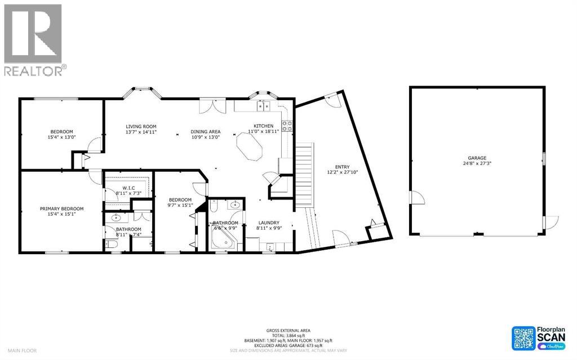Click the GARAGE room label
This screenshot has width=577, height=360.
(476, 158)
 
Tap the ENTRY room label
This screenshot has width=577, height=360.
(342, 167)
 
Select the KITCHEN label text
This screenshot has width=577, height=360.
(263, 126)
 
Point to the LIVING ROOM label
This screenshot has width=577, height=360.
(141, 126)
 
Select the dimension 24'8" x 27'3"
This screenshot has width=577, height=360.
(476, 164)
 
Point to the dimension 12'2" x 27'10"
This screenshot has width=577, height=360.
(342, 172)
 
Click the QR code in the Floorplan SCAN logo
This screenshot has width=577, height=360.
(523, 338)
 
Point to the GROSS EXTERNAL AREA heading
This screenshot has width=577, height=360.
(288, 331)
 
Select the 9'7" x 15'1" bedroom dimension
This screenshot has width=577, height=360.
(180, 205)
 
